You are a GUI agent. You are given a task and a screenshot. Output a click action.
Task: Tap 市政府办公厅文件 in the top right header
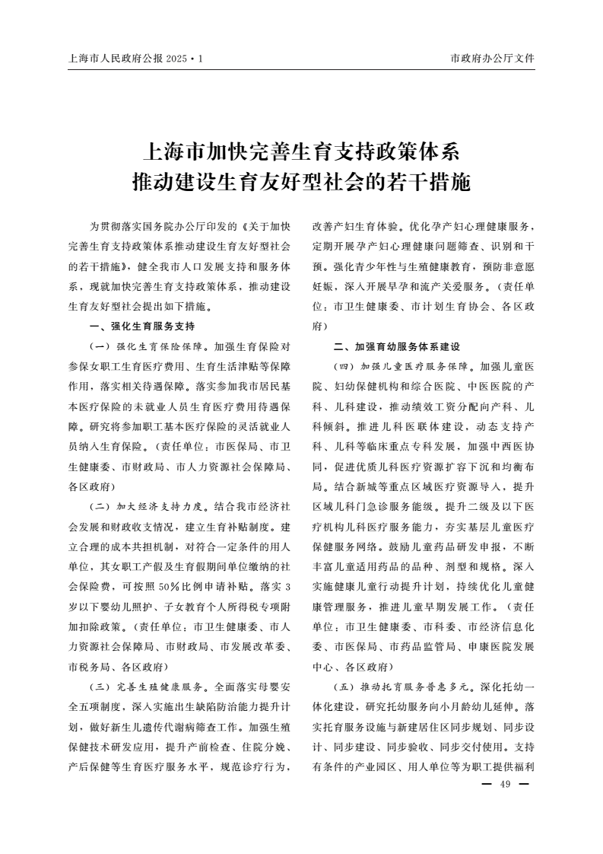493,58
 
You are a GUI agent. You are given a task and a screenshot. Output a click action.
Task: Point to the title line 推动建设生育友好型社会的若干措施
301,183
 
